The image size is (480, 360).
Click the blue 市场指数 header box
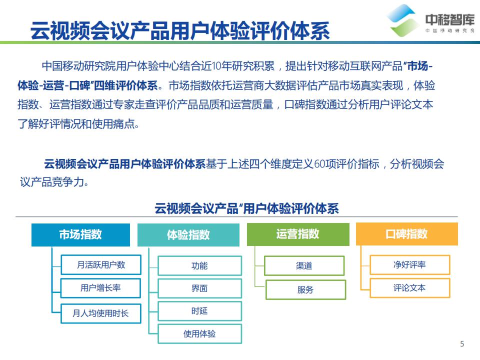click(80, 234)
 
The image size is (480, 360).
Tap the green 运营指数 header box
click(298, 234)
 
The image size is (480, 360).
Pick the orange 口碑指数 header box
click(406, 234)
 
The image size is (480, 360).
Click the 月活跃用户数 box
click(100, 265)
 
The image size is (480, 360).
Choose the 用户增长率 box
click(100, 288)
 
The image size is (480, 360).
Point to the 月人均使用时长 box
click(100, 313)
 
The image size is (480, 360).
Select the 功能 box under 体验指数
click(199, 266)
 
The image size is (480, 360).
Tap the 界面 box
click(199, 288)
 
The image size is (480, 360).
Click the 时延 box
click(199, 311)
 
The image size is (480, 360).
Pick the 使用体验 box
click(199, 333)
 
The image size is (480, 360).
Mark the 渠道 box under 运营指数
click(304, 266)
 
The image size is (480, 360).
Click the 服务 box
click(305, 289)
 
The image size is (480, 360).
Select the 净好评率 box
click(409, 265)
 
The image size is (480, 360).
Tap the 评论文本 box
click(409, 288)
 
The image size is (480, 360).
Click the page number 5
click(462, 343)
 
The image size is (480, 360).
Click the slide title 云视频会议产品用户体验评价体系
click(180, 30)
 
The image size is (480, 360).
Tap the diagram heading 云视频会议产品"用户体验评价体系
click(246, 208)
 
